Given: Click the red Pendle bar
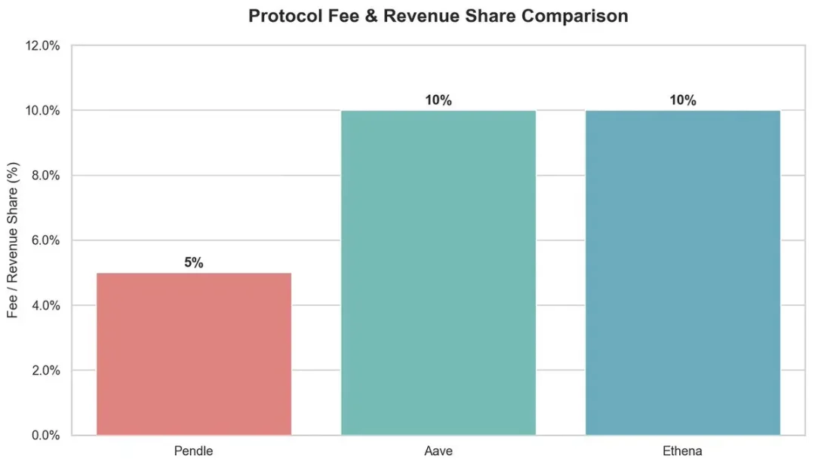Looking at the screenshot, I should pos(194,354).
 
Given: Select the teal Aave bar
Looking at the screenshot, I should pos(438,273).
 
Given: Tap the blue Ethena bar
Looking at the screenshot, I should pos(682,273).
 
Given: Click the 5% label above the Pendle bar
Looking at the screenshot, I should pos(194,263).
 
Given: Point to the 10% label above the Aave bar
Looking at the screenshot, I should pos(438,100).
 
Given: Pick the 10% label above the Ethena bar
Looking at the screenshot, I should pos(682,100).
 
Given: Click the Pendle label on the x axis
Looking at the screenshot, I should pos(194,451).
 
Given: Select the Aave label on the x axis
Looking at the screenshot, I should pos(438,451).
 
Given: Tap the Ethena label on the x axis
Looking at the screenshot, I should pos(682,451).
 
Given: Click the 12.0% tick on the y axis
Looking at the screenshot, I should pos(42,46).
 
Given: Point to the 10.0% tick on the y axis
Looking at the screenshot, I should pos(42,111).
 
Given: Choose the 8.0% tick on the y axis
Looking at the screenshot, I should pos(45,176).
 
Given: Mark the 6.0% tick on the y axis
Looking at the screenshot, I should pos(45,241).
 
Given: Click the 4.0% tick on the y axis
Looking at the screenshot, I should pos(45,306).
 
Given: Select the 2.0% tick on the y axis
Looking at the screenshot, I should pos(45,371).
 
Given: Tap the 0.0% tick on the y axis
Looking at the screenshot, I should pos(45,436).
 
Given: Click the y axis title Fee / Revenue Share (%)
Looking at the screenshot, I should pos(13,241).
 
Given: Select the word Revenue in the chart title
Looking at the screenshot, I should pos(415,17).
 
